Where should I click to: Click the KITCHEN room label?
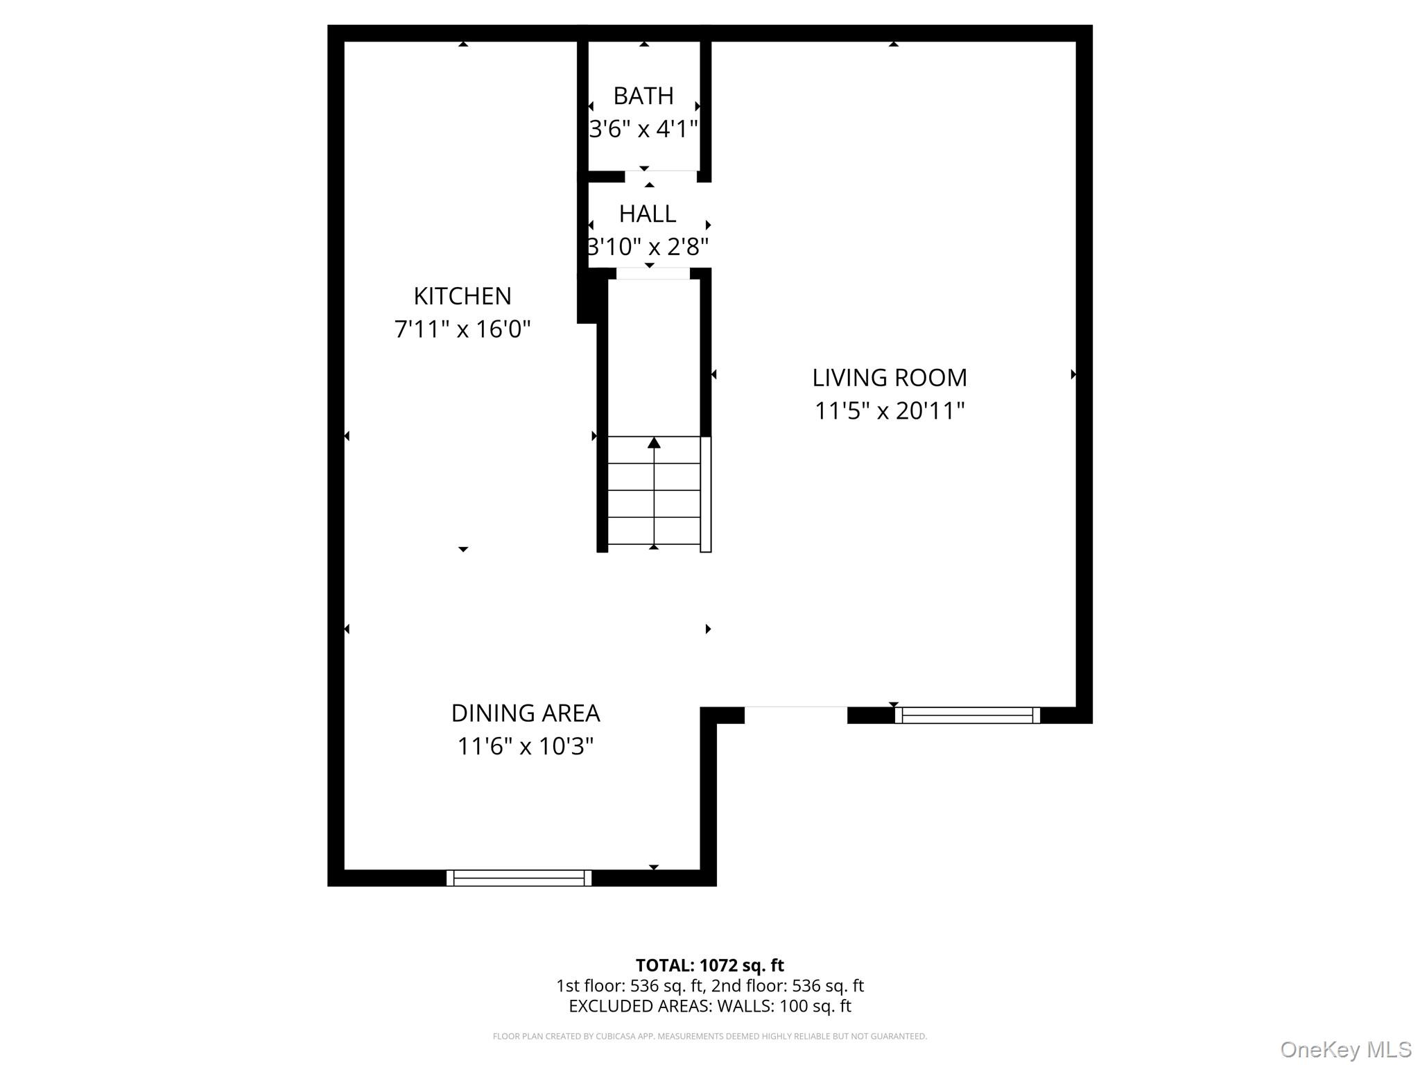tap(462, 296)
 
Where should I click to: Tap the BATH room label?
tap(643, 96)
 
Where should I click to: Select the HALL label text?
tap(648, 214)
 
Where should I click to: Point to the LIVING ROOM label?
tap(890, 378)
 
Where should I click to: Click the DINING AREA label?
tap(526, 713)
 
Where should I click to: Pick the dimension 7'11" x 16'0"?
tap(462, 329)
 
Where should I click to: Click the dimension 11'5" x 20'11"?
tap(890, 411)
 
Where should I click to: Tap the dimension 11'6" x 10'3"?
tap(526, 747)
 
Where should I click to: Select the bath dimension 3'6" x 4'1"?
tap(643, 129)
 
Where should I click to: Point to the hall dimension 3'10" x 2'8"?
tap(648, 247)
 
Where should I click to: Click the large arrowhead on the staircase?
tap(654, 442)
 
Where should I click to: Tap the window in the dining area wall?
tap(519, 878)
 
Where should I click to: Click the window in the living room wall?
tap(967, 715)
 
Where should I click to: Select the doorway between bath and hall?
tap(660, 176)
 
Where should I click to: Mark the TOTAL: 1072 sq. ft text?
tap(709, 965)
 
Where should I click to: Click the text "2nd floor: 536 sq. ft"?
tap(788, 985)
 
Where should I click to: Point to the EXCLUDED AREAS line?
tap(709, 1006)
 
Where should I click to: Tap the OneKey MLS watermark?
tap(1345, 1049)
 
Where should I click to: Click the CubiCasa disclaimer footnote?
tap(709, 1037)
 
